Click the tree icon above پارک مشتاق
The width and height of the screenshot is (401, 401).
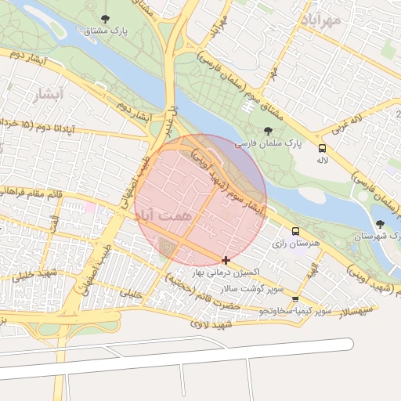105,18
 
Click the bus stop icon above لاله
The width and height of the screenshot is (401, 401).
322,147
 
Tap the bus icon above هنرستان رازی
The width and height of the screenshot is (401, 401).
295,232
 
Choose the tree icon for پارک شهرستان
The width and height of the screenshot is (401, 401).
380,224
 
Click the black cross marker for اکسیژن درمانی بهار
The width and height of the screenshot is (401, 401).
226,260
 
